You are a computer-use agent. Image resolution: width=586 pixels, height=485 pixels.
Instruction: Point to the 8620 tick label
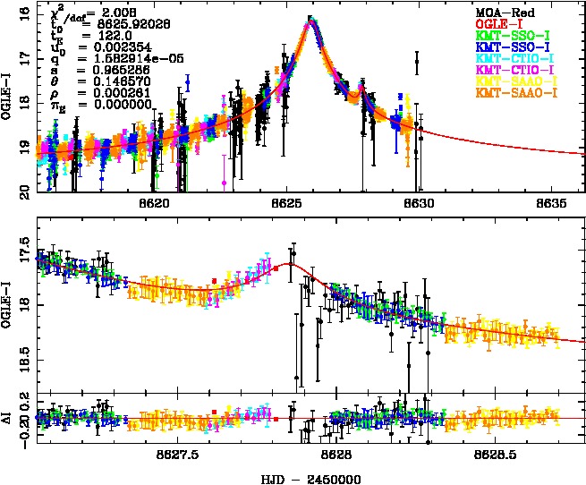(x=155, y=204)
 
